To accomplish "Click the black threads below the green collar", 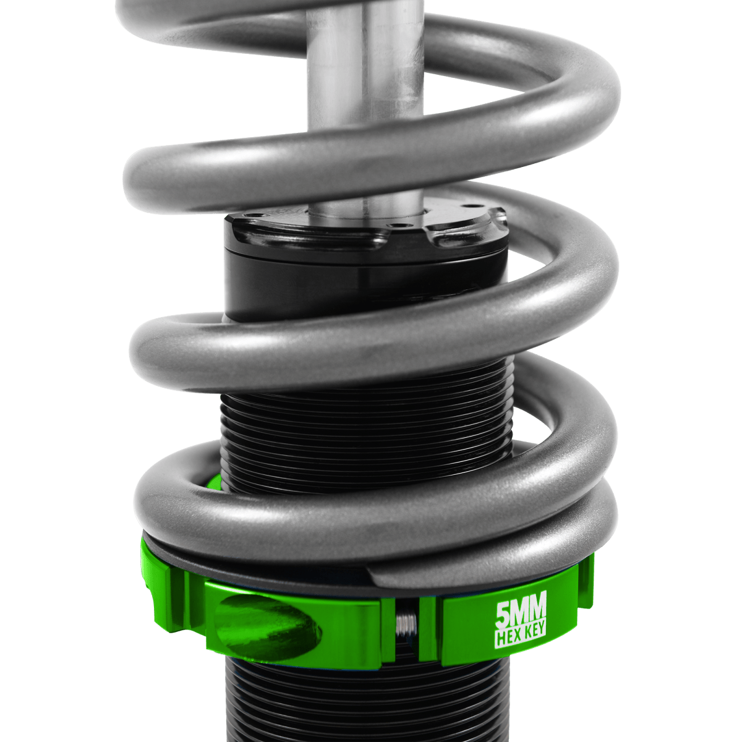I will click(x=365, y=705).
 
